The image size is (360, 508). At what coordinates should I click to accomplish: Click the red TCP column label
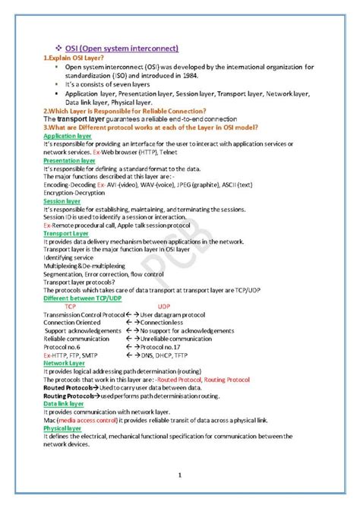click(71, 305)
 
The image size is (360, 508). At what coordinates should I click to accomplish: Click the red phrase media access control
click(87, 420)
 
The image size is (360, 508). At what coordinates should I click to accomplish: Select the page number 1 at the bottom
click(179, 476)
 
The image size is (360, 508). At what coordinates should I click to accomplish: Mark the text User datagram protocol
click(175, 314)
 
